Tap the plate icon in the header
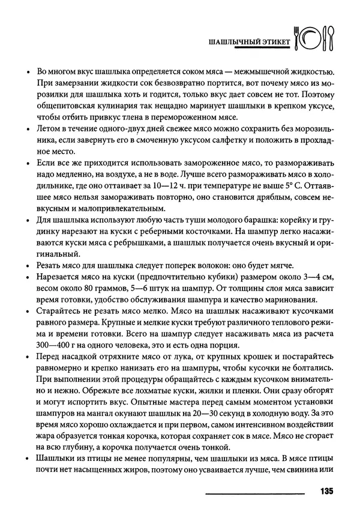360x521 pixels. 313,39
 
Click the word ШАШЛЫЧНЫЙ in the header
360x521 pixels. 233,43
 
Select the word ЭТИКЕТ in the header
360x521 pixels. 274,43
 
